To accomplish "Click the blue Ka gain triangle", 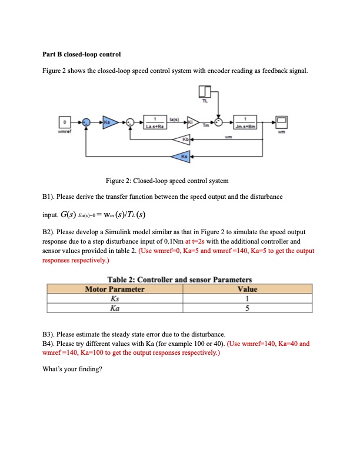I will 106,122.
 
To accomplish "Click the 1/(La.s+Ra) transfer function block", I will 154,122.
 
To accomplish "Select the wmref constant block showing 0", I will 66,122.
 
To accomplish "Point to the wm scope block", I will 281,122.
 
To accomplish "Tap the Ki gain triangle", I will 193,122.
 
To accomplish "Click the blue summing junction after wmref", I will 86,122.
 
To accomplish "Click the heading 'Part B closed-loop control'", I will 82,54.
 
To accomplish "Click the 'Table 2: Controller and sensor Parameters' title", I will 179,279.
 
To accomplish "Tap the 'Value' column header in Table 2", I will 245,289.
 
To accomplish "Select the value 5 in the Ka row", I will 245,308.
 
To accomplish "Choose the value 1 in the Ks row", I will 245,298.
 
